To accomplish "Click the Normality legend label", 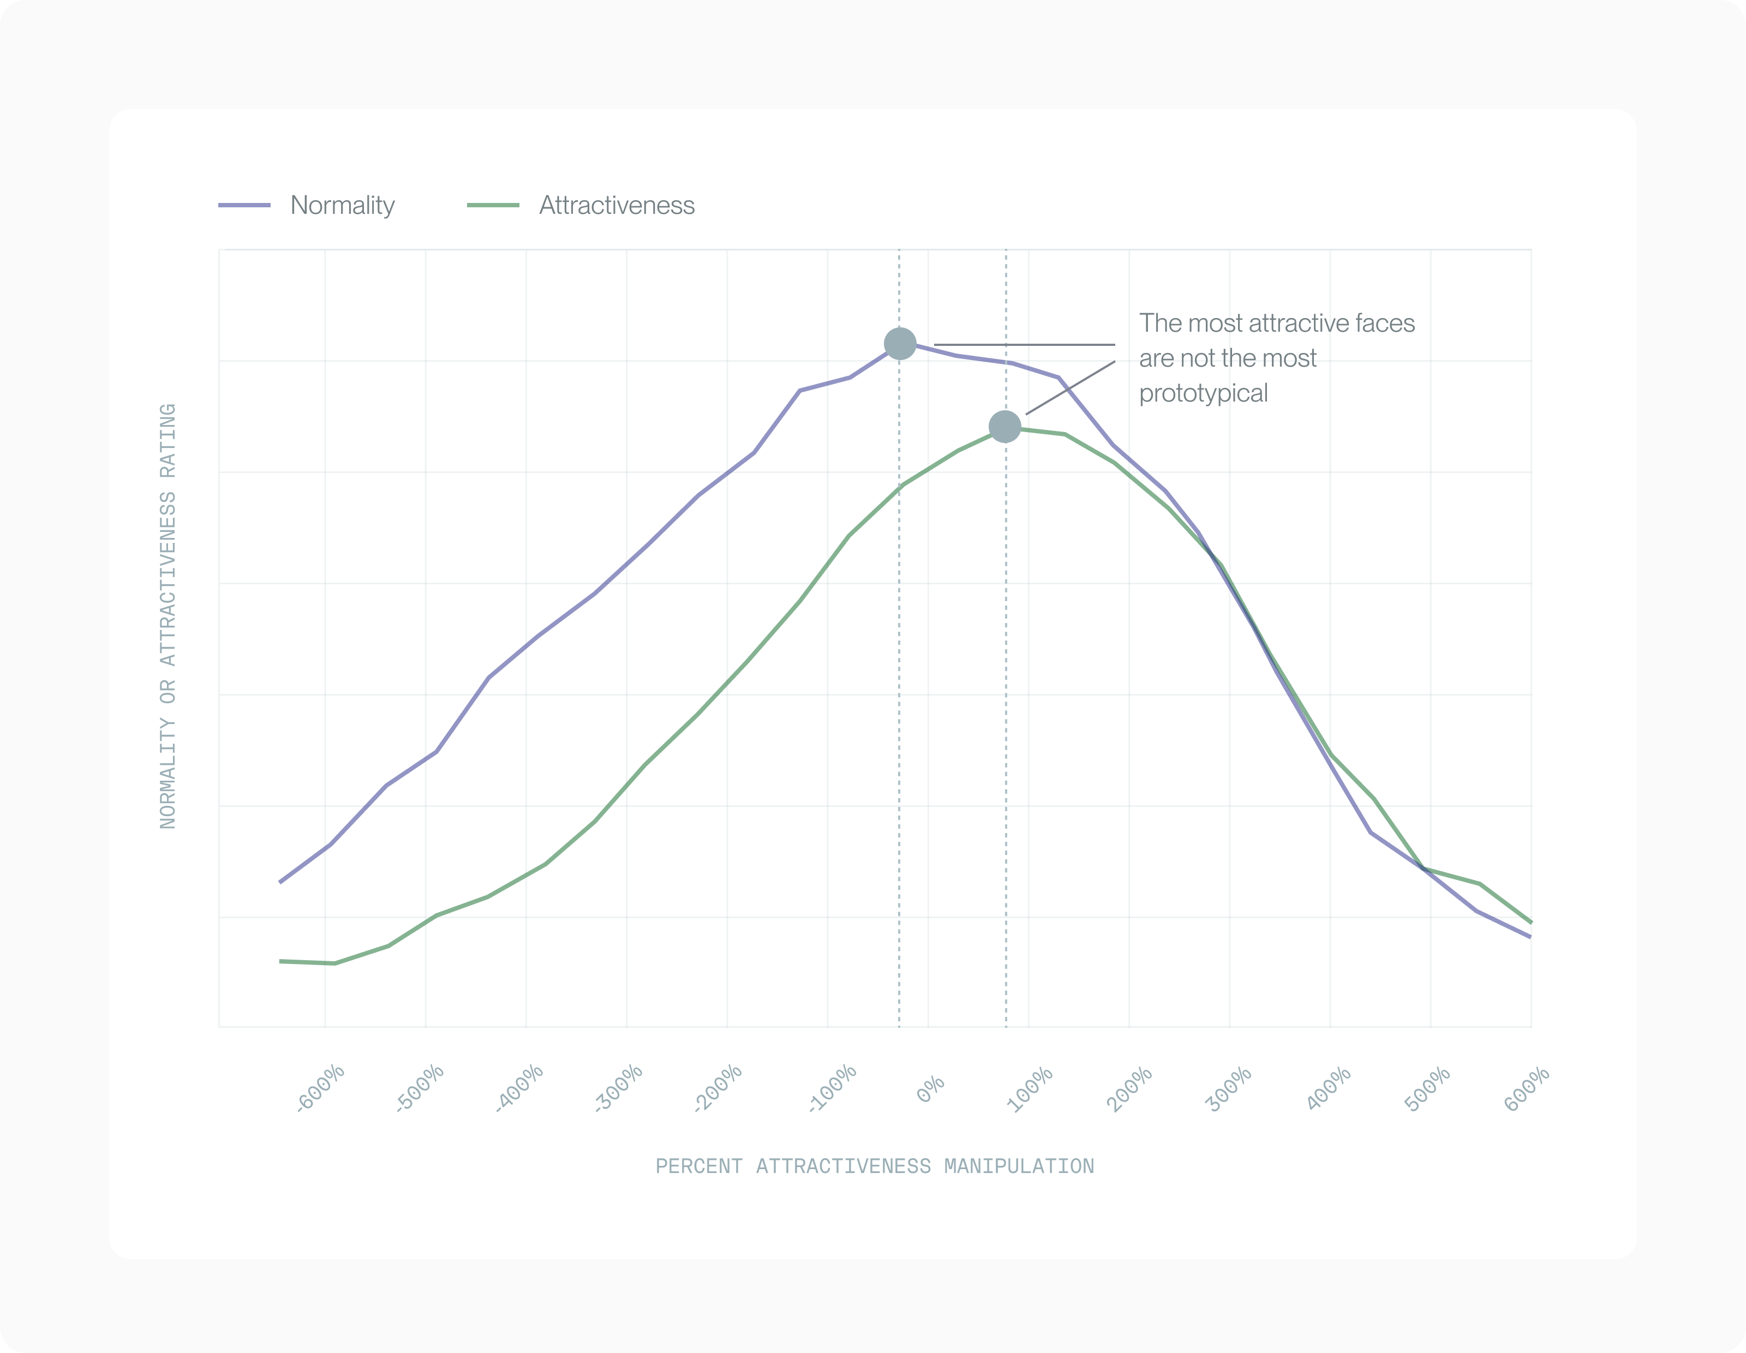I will (342, 205).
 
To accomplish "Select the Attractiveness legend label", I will (617, 205).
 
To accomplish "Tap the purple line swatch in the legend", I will (244, 205).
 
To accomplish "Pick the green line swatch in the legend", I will (493, 205).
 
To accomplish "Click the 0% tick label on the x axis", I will (930, 1088).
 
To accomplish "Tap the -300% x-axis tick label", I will (619, 1088).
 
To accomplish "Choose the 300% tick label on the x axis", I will (1228, 1088).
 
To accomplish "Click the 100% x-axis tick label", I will (1029, 1088).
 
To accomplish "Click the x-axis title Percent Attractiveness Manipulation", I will (875, 1167).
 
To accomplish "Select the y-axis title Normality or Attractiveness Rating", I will (168, 616).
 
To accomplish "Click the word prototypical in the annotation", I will (1203, 393).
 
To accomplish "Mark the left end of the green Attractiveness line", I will (280, 961).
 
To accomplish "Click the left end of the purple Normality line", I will (280, 882).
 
